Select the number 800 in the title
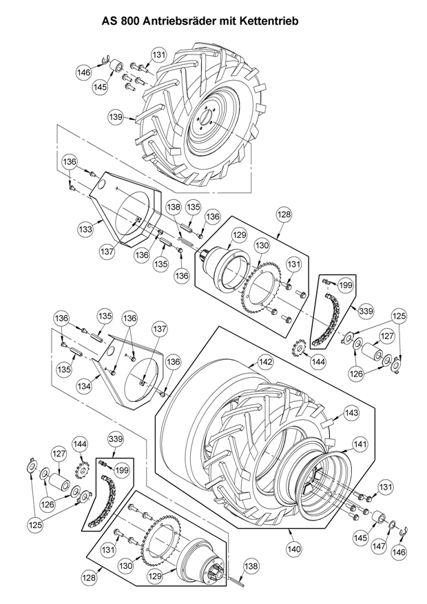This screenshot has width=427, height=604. (x=129, y=21)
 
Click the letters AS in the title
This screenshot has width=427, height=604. (x=109, y=21)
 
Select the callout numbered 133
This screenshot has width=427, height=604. (x=85, y=230)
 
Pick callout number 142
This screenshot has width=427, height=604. (x=266, y=362)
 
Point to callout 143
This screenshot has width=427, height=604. (x=351, y=412)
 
